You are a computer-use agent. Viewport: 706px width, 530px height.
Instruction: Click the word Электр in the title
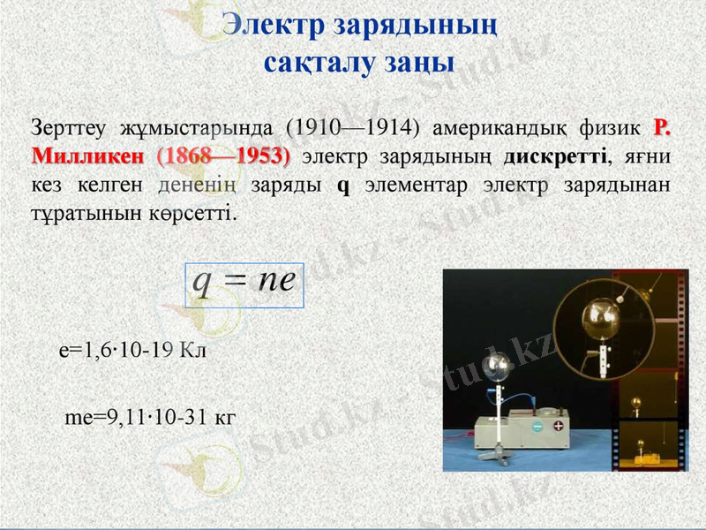coord(272,24)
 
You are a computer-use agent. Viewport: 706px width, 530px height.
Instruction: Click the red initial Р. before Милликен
coord(662,128)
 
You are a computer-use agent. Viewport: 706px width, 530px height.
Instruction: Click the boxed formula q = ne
coord(244,284)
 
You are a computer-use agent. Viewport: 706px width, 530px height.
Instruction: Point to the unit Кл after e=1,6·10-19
coord(192,351)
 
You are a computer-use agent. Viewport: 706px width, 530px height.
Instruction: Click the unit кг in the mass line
coord(225,416)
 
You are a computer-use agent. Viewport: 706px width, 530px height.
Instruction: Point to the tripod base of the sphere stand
coord(499,453)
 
